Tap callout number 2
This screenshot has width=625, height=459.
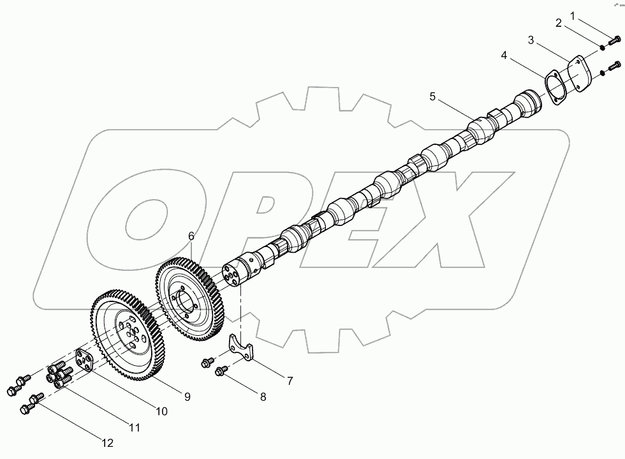(x=558, y=24)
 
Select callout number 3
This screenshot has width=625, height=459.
(x=530, y=40)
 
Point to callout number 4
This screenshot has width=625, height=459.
(x=504, y=56)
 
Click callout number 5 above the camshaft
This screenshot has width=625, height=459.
(x=432, y=96)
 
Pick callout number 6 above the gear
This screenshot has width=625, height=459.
(x=191, y=236)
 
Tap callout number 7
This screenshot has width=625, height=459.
(x=290, y=381)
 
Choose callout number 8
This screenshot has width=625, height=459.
(x=263, y=396)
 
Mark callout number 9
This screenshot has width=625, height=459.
(x=187, y=396)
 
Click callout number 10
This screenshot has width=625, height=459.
(x=162, y=412)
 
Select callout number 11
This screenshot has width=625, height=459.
(x=135, y=427)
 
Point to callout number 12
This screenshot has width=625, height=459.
(x=107, y=442)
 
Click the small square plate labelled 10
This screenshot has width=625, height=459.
(x=85, y=361)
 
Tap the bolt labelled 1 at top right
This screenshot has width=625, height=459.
(x=615, y=40)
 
